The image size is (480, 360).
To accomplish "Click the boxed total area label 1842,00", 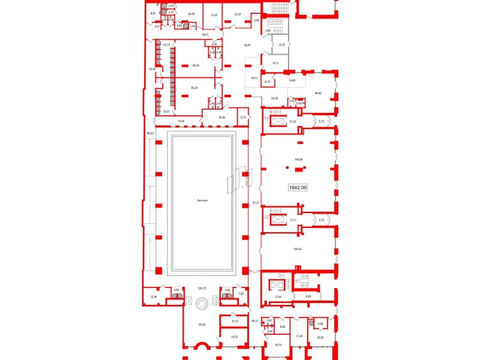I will click(x=298, y=187).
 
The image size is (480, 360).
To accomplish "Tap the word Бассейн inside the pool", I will click(x=202, y=200).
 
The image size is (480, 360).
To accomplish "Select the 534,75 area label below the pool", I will click(x=202, y=289).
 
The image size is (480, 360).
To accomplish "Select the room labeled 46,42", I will click(x=318, y=93).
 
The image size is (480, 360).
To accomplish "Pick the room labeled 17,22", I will click(x=212, y=13).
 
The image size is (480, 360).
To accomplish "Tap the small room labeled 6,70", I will click(x=243, y=117).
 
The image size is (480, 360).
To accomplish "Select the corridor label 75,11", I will click(x=255, y=203).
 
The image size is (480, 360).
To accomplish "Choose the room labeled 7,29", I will click(x=240, y=293).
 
